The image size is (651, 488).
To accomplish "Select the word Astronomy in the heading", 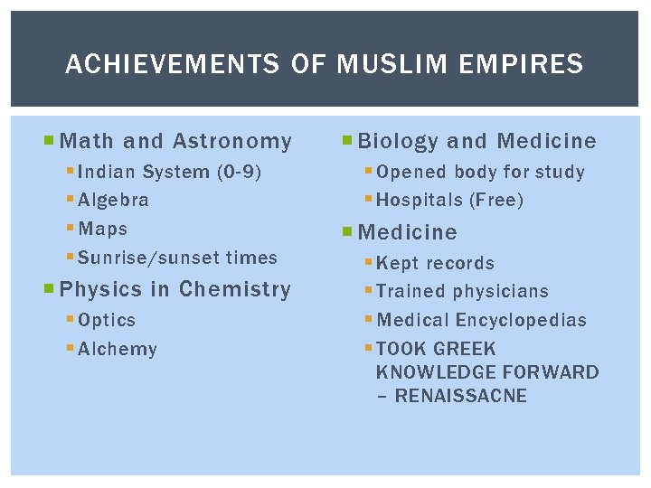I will (232, 142).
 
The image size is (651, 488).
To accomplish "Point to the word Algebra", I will (114, 201).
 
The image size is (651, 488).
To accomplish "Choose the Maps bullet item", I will (103, 230).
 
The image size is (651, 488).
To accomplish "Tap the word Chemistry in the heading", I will (235, 290).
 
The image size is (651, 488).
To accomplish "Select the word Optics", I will (107, 321).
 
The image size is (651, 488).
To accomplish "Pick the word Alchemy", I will (118, 350).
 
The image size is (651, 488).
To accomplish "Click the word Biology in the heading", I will (398, 142).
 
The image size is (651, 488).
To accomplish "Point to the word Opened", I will (411, 173).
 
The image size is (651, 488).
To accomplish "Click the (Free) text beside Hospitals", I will (495, 201).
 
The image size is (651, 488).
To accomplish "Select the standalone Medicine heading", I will (408, 233).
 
